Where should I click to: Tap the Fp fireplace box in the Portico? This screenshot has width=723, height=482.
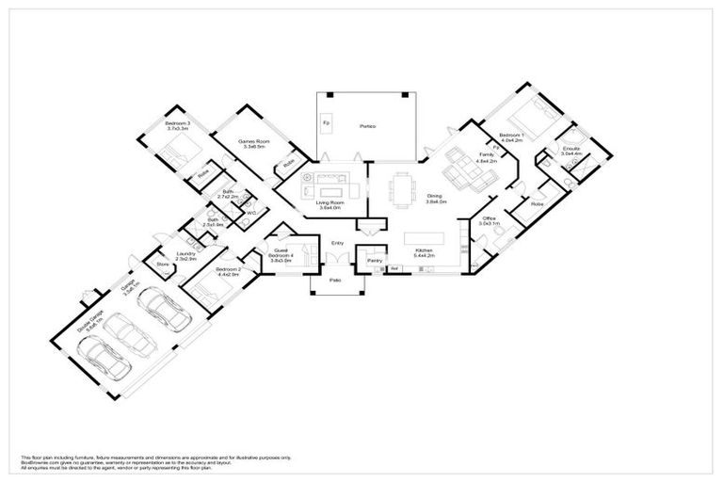(326, 124)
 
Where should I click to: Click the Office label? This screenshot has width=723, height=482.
(488, 221)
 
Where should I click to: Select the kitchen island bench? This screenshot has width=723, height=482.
(431, 237)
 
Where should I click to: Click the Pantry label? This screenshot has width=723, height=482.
(374, 260)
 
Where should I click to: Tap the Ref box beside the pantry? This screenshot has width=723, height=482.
(395, 269)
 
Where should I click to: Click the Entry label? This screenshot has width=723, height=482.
(336, 244)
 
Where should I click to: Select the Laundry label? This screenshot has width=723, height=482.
(185, 254)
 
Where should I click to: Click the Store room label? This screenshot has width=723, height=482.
(161, 265)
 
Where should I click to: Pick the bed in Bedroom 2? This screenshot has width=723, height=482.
(207, 282)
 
